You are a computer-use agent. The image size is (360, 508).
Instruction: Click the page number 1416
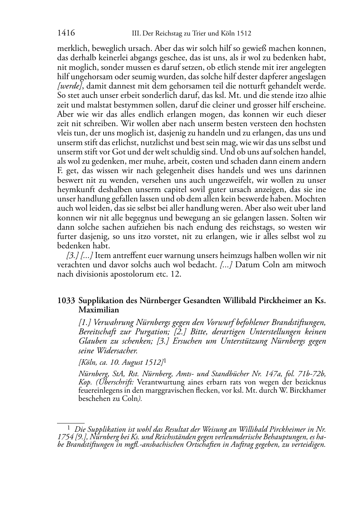[x=66, y=33]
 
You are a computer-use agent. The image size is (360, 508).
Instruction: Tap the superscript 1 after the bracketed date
[x=165, y=361]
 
